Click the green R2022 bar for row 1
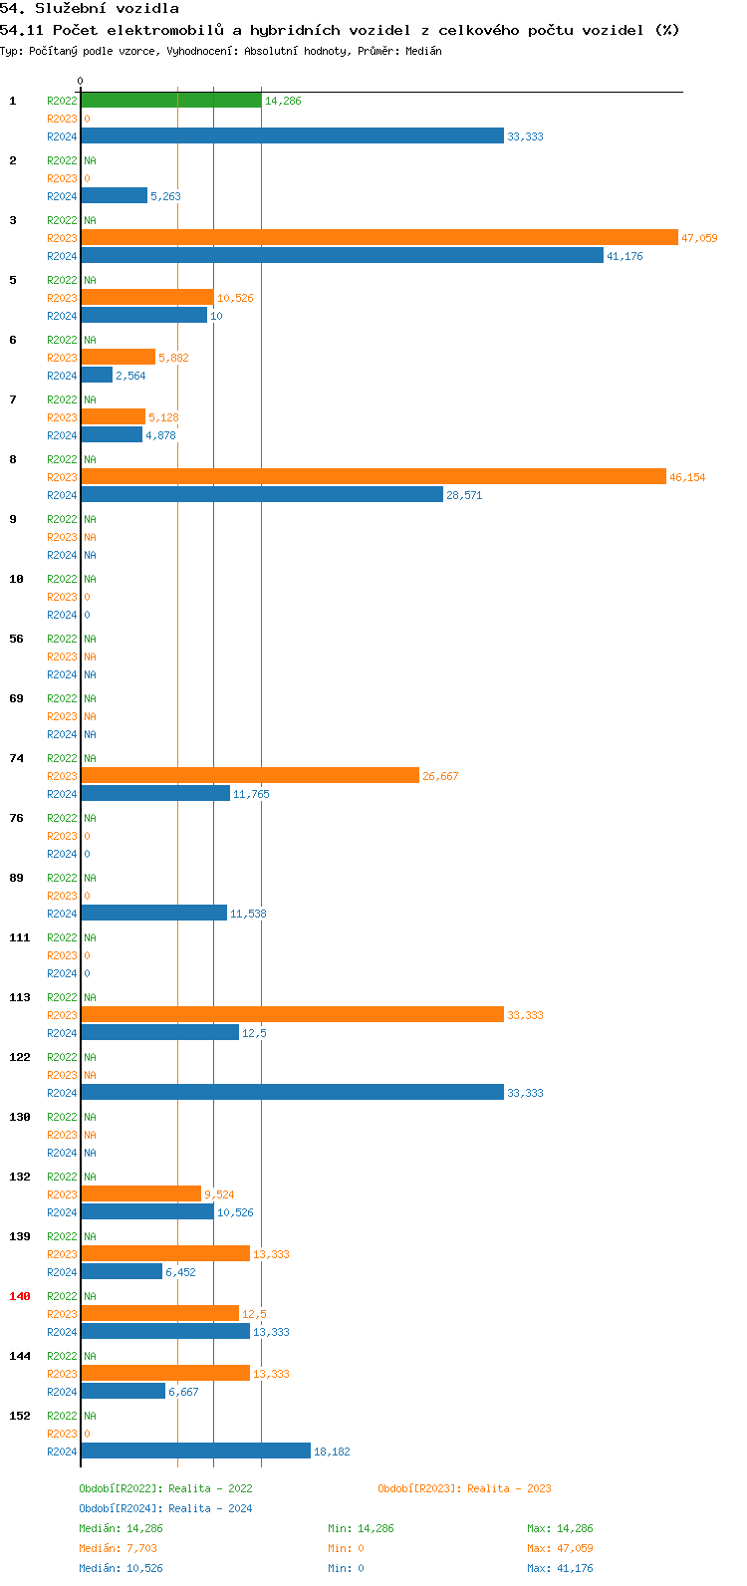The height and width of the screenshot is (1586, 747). point(170,101)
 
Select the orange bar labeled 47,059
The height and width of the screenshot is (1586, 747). point(378,238)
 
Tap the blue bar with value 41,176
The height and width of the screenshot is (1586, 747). point(342,256)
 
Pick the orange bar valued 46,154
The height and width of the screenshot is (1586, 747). point(373,477)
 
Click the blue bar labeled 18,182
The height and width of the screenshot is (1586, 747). point(195,1452)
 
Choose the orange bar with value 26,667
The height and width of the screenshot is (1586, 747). point(249,776)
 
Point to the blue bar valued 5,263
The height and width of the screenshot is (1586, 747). point(114,196)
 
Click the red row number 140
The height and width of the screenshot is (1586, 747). point(20,1296)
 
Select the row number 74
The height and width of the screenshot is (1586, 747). point(16,758)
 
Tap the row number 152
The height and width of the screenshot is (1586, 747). point(20,1416)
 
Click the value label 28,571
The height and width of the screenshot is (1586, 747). point(464,495)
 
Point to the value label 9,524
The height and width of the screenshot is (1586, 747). point(219,1194)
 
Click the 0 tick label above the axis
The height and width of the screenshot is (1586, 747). point(81,81)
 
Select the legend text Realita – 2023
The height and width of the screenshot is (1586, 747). point(509,1488)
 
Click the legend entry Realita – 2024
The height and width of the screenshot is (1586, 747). point(210,1508)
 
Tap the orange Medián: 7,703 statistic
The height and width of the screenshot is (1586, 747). point(118,1548)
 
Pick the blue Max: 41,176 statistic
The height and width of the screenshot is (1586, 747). point(560,1568)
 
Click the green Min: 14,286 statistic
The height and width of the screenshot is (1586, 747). point(361,1528)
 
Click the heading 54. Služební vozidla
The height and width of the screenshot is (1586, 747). point(90,9)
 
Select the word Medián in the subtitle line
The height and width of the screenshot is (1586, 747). point(424,51)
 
